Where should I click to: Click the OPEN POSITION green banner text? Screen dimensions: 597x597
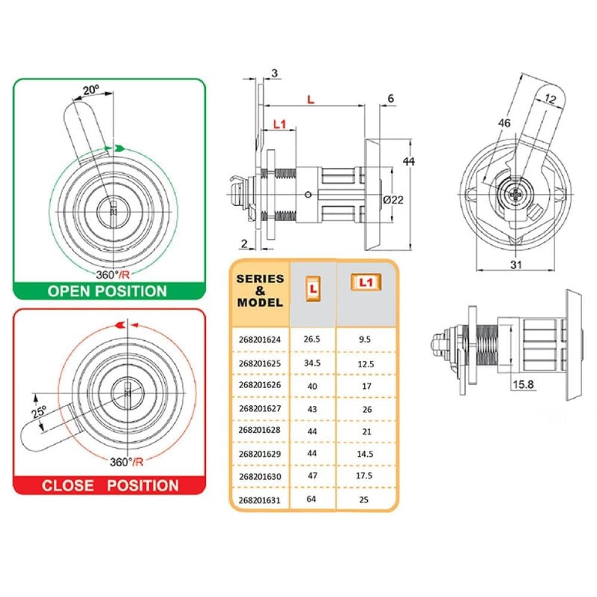[x=107, y=291]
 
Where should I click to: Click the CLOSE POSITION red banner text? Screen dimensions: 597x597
[x=110, y=485]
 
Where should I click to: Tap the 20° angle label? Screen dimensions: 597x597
[x=91, y=90]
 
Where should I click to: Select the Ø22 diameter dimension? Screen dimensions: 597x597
[x=393, y=199]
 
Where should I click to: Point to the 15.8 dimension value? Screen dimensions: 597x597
[x=523, y=384]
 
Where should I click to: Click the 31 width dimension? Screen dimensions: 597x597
[x=516, y=264]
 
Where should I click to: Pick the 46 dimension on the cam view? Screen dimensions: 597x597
[x=504, y=123]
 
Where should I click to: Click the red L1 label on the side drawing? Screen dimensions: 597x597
[x=279, y=124]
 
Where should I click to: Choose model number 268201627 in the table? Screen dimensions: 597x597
[x=260, y=408]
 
